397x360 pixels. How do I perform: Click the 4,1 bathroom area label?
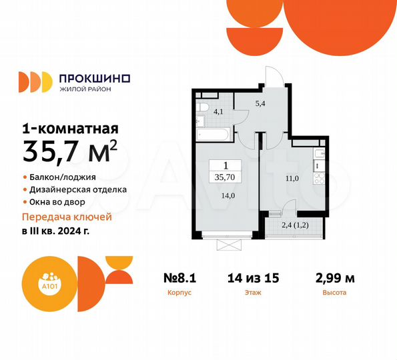tap(218, 112)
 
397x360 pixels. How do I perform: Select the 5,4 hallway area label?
tap(262, 104)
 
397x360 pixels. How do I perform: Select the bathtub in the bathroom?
tap(213, 133)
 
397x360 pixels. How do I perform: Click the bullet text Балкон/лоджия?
tap(63, 177)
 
